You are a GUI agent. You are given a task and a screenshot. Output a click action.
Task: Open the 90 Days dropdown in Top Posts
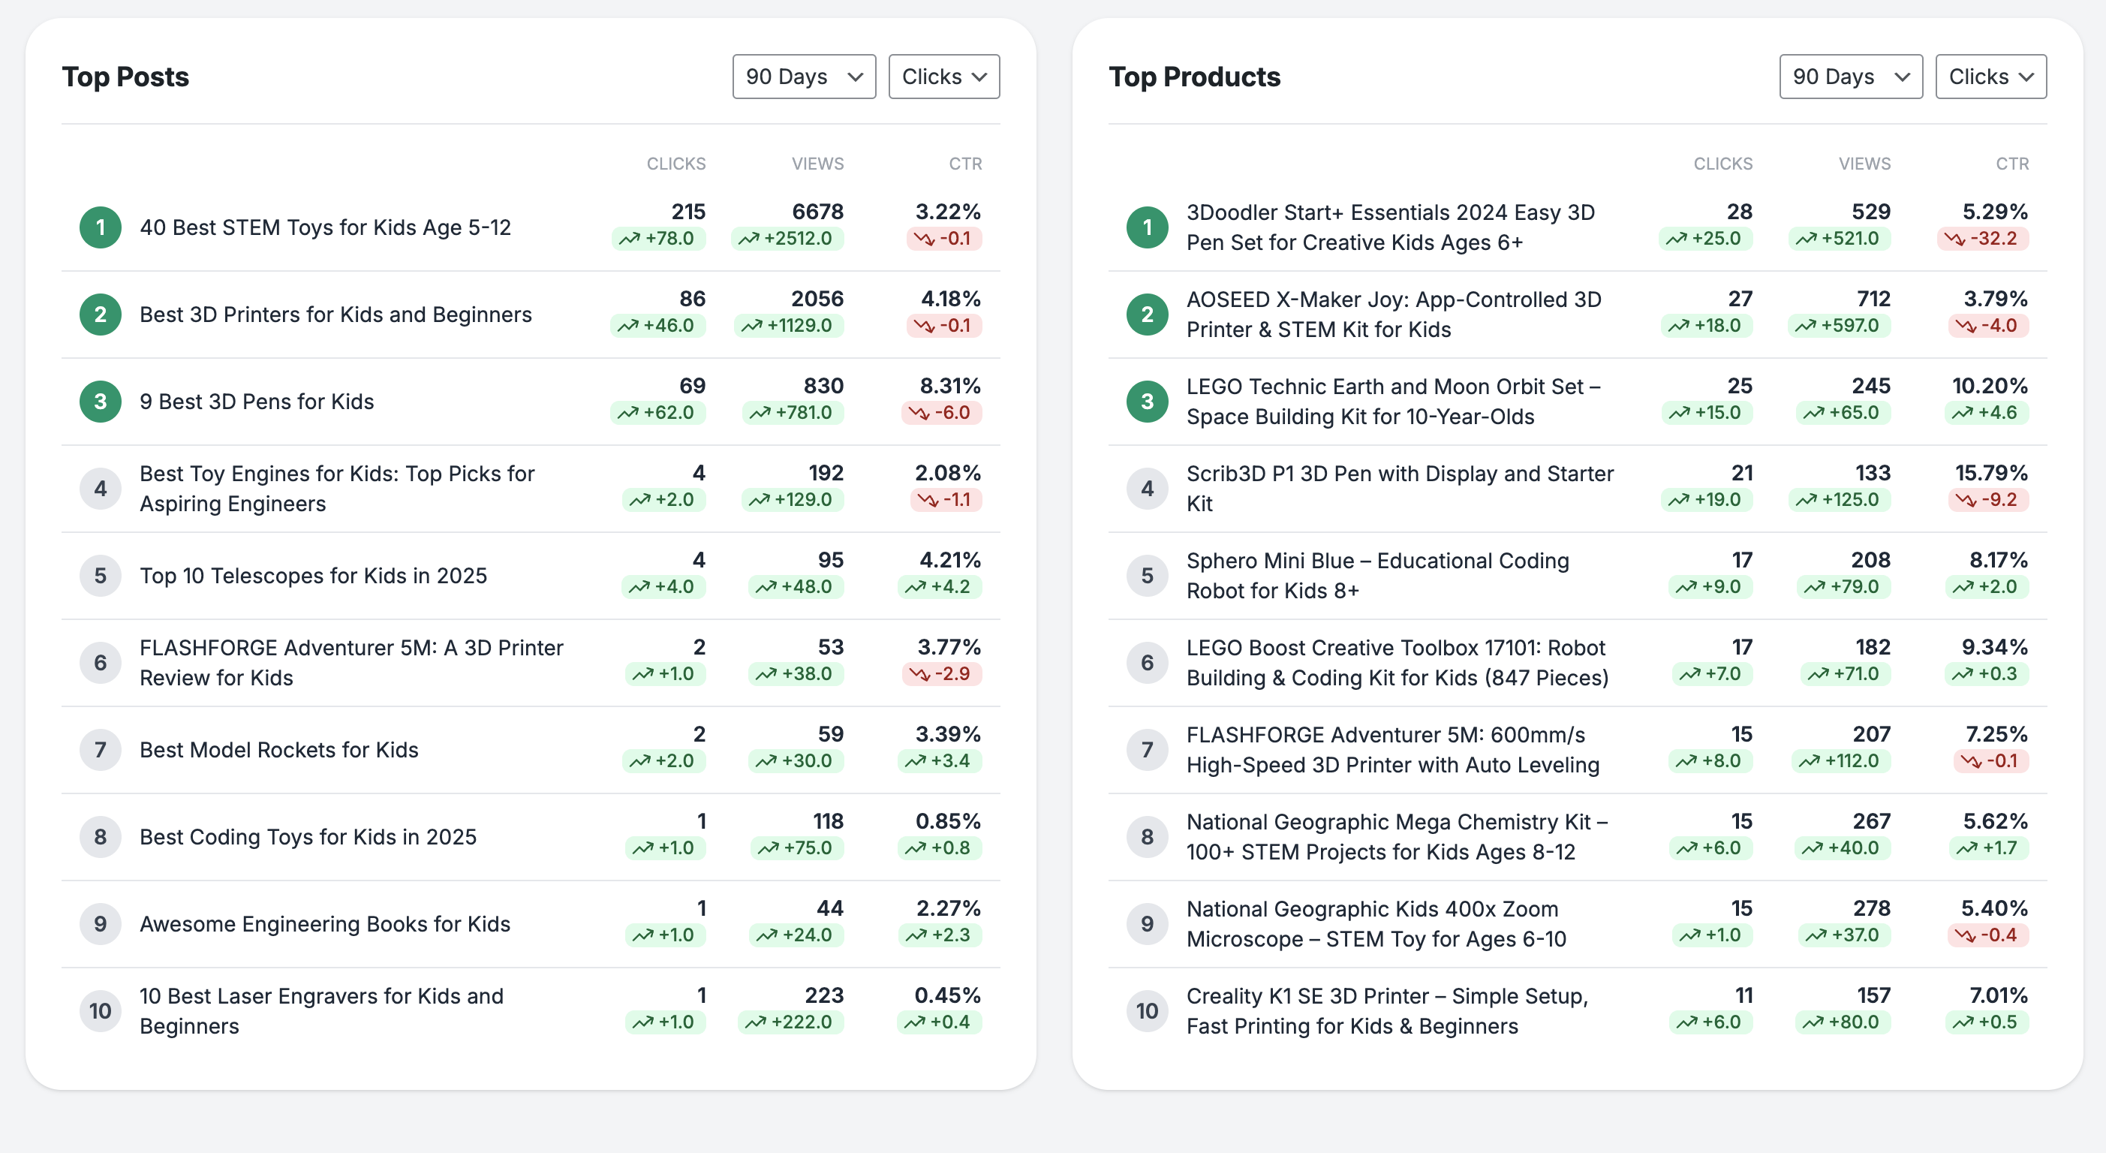coord(804,77)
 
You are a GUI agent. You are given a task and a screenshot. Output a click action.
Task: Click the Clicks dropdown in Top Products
coord(1990,77)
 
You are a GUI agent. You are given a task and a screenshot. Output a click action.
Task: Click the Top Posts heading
coord(125,77)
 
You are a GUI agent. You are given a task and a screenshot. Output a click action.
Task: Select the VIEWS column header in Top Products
coord(1864,164)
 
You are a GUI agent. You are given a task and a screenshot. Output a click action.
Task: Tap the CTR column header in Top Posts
coord(964,164)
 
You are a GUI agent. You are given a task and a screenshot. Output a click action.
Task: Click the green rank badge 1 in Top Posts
coord(100,227)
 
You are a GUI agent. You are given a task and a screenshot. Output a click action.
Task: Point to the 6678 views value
coord(817,212)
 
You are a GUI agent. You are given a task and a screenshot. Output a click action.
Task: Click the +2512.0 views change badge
coord(787,239)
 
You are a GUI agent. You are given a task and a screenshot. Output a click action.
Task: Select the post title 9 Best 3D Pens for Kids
coord(257,402)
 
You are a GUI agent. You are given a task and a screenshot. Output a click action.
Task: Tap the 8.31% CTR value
coord(949,386)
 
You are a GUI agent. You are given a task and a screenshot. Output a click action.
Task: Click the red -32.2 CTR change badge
coord(1983,239)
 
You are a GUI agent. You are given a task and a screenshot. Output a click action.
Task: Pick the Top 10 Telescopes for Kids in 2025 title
coord(313,576)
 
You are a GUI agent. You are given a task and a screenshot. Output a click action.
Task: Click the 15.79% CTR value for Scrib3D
coord(1990,473)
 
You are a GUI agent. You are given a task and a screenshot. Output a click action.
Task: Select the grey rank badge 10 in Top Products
coord(1147,1012)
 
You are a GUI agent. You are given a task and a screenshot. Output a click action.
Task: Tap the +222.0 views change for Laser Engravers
coord(790,1022)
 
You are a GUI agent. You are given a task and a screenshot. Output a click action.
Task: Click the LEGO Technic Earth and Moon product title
coord(1393,402)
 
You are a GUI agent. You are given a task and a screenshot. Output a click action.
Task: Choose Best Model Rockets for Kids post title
coord(278,750)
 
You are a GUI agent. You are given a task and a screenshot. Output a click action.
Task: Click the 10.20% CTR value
coord(1989,386)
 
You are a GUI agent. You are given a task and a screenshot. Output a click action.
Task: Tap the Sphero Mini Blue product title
coord(1377,576)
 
